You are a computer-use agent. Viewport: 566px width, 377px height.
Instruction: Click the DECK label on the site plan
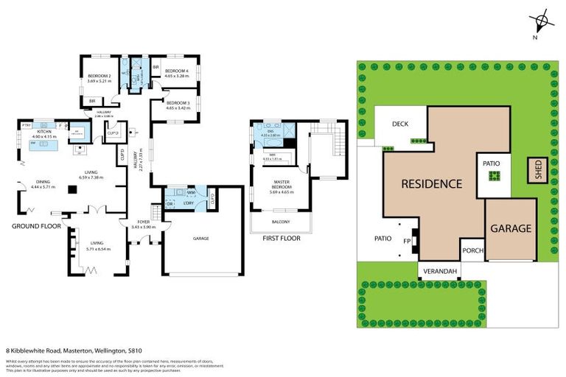(x=400, y=124)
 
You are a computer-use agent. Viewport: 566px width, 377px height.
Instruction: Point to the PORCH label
(x=472, y=250)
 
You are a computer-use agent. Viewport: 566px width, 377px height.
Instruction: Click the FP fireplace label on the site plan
(x=407, y=239)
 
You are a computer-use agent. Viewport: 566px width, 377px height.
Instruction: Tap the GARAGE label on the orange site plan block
(x=511, y=228)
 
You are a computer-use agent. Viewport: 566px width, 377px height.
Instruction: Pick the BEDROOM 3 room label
(x=178, y=104)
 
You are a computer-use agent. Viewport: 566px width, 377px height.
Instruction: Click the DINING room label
(x=43, y=180)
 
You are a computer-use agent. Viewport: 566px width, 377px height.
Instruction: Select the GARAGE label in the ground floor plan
(x=201, y=239)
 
